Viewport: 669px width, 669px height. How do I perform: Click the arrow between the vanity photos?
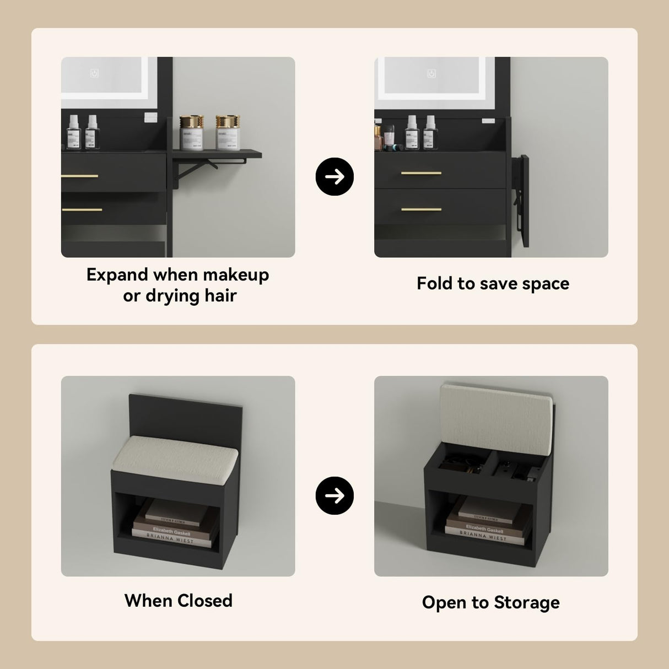(334, 176)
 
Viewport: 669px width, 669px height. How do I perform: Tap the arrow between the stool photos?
(334, 495)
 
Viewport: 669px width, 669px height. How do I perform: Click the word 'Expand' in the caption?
(117, 275)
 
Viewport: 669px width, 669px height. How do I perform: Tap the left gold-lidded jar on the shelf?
(191, 132)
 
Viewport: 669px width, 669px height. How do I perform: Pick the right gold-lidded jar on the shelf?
(228, 132)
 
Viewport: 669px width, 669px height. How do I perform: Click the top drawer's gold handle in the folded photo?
(421, 174)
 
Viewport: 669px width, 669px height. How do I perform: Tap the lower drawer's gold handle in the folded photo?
(421, 209)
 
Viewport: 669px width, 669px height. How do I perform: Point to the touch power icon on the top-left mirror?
(94, 73)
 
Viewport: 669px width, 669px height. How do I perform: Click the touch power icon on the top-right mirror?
(431, 74)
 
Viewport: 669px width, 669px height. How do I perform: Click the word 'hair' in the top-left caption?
(220, 296)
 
